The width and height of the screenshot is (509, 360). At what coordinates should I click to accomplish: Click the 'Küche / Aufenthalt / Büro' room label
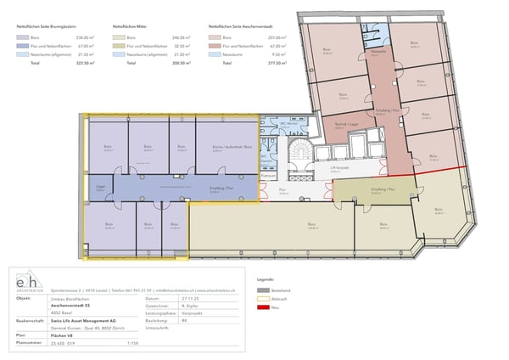(225, 146)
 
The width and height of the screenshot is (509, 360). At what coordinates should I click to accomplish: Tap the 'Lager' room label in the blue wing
(100, 187)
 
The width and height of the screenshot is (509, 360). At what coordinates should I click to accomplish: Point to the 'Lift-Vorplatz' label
(340, 169)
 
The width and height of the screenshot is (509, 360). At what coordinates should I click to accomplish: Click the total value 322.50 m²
(84, 63)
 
